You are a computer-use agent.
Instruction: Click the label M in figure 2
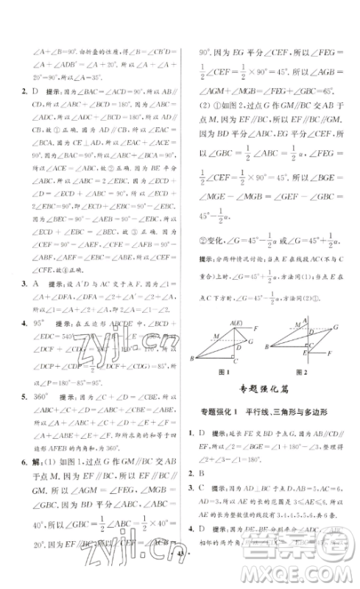(x=281, y=332)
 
